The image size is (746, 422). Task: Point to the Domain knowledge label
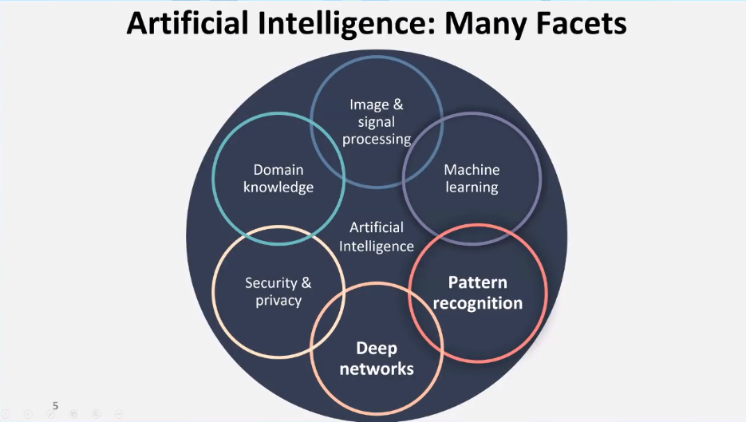278,179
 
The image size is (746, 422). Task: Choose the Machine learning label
472,179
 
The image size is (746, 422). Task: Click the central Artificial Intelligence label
377,237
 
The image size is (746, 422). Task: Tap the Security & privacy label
278,291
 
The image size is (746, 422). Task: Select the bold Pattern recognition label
477,293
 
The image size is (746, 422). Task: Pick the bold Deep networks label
377,358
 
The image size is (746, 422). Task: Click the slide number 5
55,406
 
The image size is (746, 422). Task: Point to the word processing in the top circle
373,139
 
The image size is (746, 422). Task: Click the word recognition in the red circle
477,303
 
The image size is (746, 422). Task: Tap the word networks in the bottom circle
377,369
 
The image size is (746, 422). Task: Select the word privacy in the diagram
278,301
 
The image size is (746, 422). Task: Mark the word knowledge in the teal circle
278,187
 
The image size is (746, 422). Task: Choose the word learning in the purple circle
472,187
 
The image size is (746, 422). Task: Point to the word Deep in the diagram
377,349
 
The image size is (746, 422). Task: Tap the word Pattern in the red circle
477,283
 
